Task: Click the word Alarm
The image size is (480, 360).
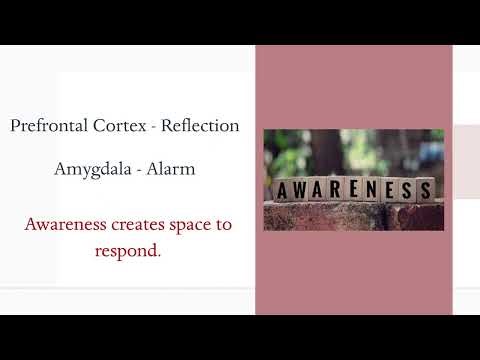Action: (x=171, y=169)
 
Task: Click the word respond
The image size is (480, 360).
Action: (x=126, y=251)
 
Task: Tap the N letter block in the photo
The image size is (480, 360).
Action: (x=375, y=189)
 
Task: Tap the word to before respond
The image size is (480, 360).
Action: (x=222, y=224)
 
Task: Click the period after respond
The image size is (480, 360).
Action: (x=159, y=253)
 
